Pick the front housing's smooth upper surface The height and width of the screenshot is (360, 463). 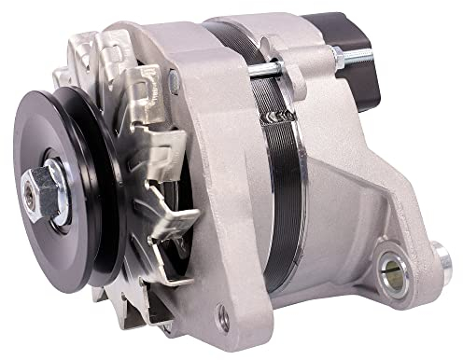tap(201, 84)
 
